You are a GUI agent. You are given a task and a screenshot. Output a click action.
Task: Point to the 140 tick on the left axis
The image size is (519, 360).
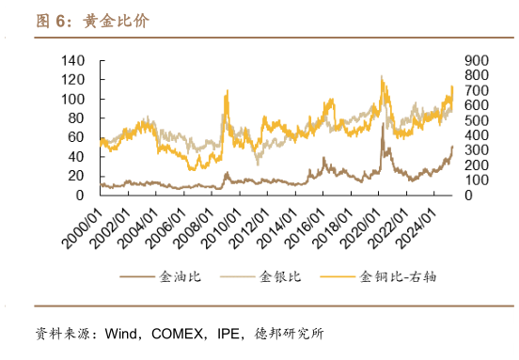point(72,60)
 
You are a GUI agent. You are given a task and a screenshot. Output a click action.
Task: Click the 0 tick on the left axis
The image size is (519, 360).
point(81,195)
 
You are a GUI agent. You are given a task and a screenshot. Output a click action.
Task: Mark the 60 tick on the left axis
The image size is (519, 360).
point(76,137)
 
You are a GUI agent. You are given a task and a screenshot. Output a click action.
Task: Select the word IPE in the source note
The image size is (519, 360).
point(230,334)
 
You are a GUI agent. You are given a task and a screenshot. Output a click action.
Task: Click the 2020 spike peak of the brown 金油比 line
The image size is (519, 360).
point(383,125)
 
